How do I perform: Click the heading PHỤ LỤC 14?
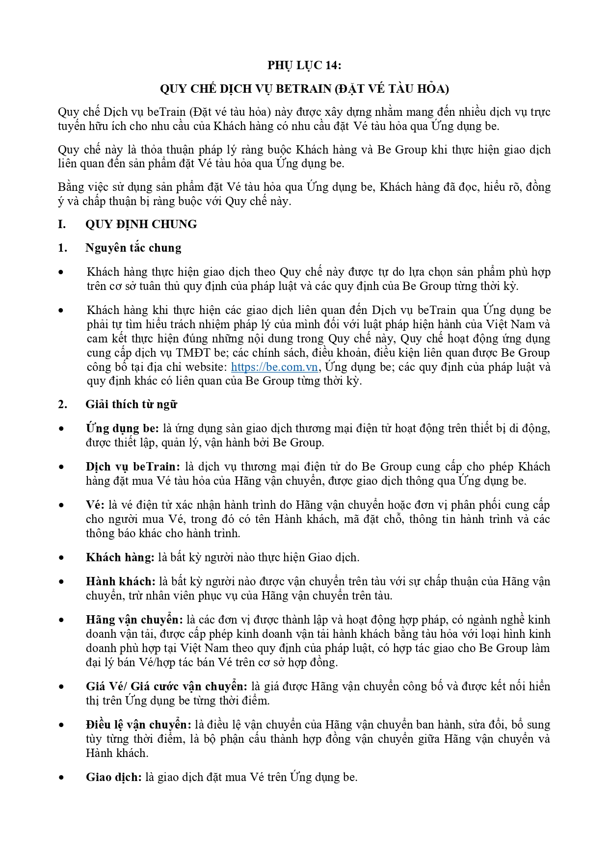(304, 65)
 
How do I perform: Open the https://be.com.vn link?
(274, 367)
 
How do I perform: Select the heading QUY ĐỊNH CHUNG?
(141, 224)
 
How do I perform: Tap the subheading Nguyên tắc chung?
(133, 248)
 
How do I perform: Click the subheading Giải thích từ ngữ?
(131, 404)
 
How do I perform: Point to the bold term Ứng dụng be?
(122, 428)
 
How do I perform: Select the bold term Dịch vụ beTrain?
(133, 467)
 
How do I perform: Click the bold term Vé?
(95, 505)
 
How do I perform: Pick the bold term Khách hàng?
(120, 557)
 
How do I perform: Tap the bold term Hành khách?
(121, 581)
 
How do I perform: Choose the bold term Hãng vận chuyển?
(134, 620)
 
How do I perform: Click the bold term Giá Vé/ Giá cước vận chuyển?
(166, 686)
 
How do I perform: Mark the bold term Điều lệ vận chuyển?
(138, 725)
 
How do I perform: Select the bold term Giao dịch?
(114, 777)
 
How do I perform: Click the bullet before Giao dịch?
(61, 778)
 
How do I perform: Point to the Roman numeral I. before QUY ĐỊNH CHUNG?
(62, 224)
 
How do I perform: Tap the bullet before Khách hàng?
(61, 558)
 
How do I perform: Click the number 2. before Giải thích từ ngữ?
(62, 404)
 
